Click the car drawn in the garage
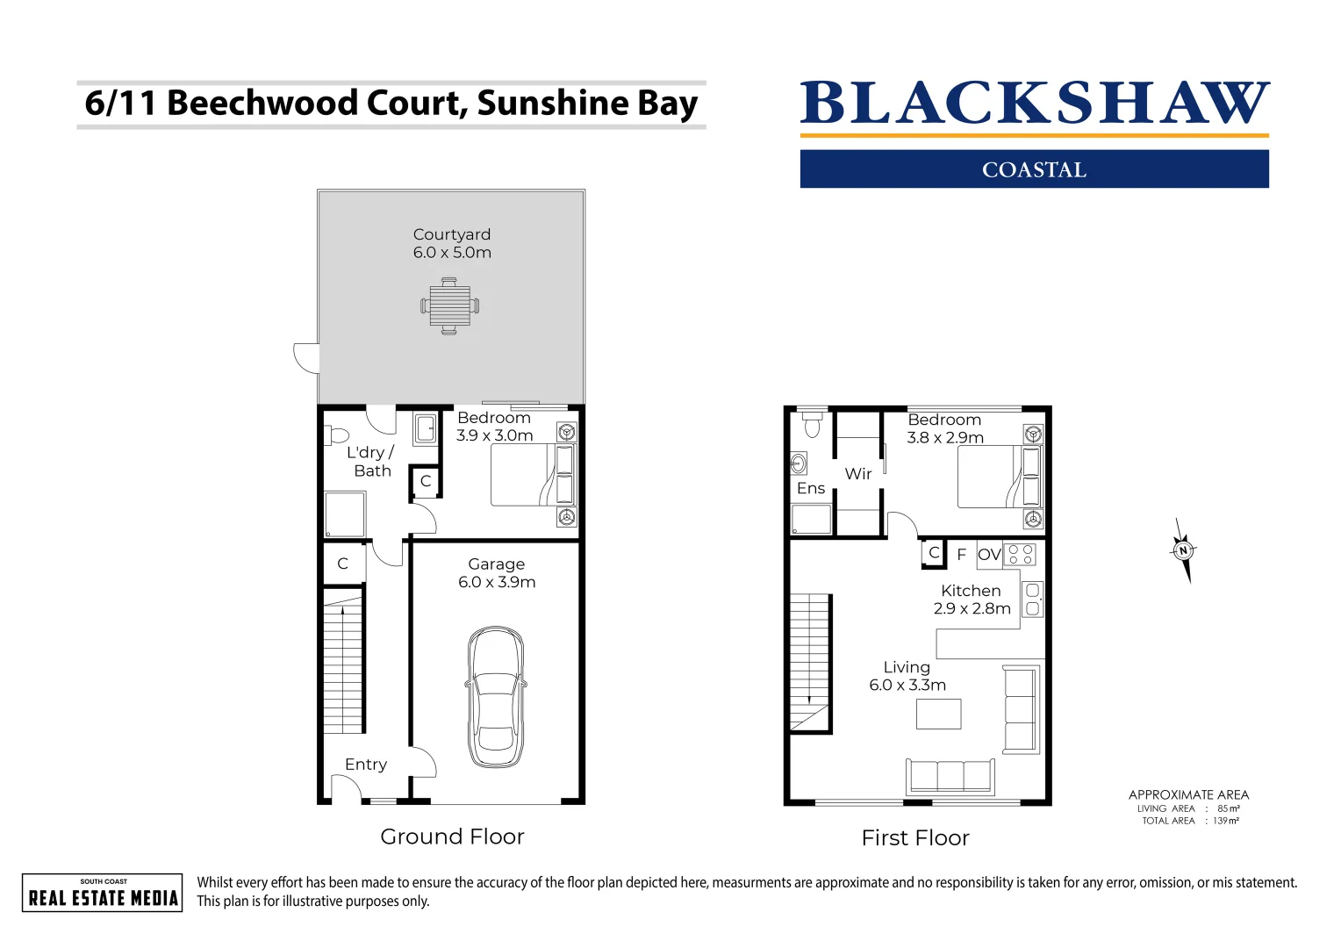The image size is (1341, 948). point(496,697)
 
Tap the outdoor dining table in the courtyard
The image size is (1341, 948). point(449,306)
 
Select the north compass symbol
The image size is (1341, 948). point(1183,550)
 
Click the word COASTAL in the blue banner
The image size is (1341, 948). point(1034,169)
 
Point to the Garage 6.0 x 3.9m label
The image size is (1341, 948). point(496,573)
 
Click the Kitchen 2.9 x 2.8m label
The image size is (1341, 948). point(972,600)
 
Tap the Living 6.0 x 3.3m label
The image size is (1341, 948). point(907,676)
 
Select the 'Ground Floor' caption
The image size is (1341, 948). point(452,837)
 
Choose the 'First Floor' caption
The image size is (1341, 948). point(915,838)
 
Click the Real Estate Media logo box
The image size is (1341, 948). point(103,893)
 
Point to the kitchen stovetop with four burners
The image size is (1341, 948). point(1021,554)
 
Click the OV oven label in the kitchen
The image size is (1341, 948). point(989,555)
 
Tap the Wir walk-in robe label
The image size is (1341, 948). point(857,474)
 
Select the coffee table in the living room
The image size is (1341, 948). point(938,714)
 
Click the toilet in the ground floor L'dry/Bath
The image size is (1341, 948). point(337,435)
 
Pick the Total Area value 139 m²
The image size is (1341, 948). point(1226,822)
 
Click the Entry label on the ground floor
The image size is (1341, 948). point(365,765)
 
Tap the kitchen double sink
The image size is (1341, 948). point(1032,600)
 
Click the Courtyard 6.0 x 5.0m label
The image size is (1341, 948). point(452,243)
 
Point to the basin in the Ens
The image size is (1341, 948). point(799,463)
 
